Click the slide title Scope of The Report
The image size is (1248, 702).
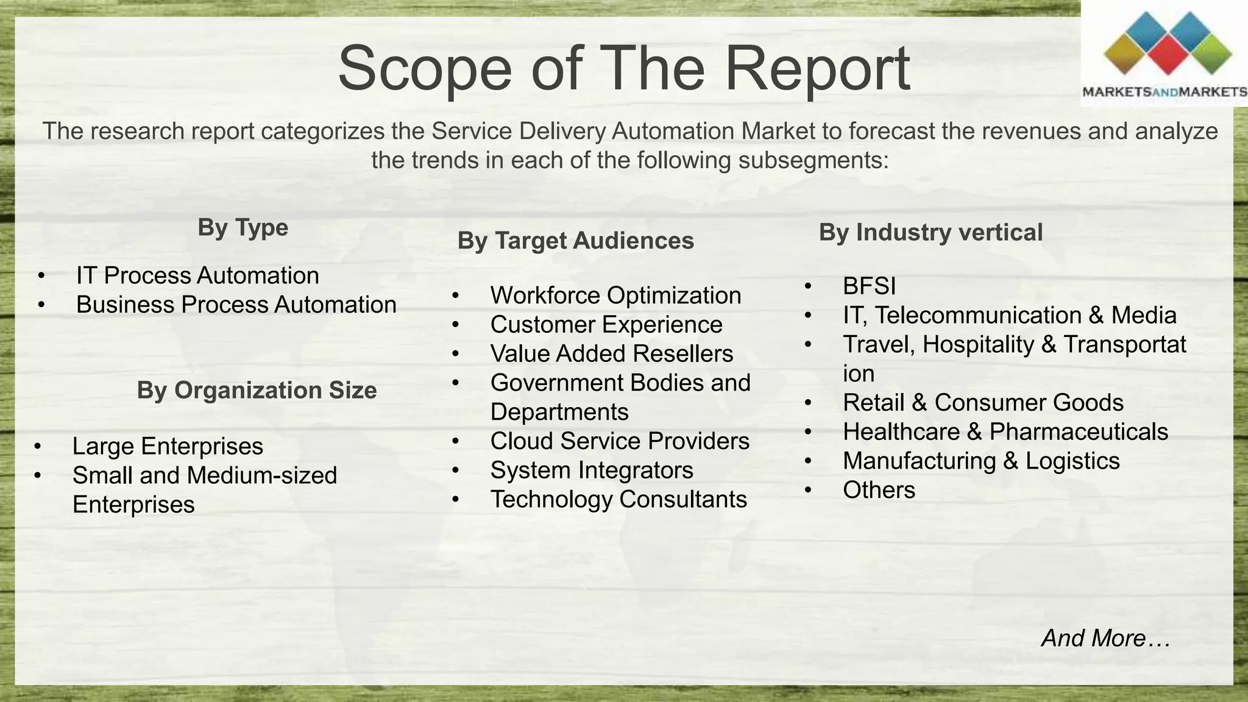pyautogui.click(x=623, y=68)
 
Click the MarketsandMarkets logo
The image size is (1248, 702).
pyautogui.click(x=1165, y=55)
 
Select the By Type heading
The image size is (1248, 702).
pyautogui.click(x=243, y=228)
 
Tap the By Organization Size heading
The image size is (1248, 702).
pyautogui.click(x=257, y=391)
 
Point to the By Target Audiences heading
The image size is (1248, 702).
pyautogui.click(x=575, y=241)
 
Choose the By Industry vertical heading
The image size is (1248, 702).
pyautogui.click(x=931, y=233)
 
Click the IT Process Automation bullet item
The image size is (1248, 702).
pyautogui.click(x=197, y=276)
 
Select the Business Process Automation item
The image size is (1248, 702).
pyautogui.click(x=236, y=305)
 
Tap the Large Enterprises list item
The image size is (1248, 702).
pyautogui.click(x=168, y=447)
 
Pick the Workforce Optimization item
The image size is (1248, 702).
pyautogui.click(x=615, y=296)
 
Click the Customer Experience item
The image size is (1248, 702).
pyautogui.click(x=606, y=325)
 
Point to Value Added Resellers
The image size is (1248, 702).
pyautogui.click(x=611, y=354)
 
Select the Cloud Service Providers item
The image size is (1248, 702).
pyautogui.click(x=620, y=442)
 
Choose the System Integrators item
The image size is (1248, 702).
pyautogui.click(x=592, y=470)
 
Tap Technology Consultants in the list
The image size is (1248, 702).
pyautogui.click(x=619, y=500)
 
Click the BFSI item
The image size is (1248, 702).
pyautogui.click(x=869, y=286)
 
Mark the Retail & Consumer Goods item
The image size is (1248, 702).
pyautogui.click(x=983, y=403)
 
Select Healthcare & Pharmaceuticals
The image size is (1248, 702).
pyautogui.click(x=1005, y=432)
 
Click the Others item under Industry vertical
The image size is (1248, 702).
pyautogui.click(x=879, y=491)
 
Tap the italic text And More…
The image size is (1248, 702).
pyautogui.click(x=1105, y=639)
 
